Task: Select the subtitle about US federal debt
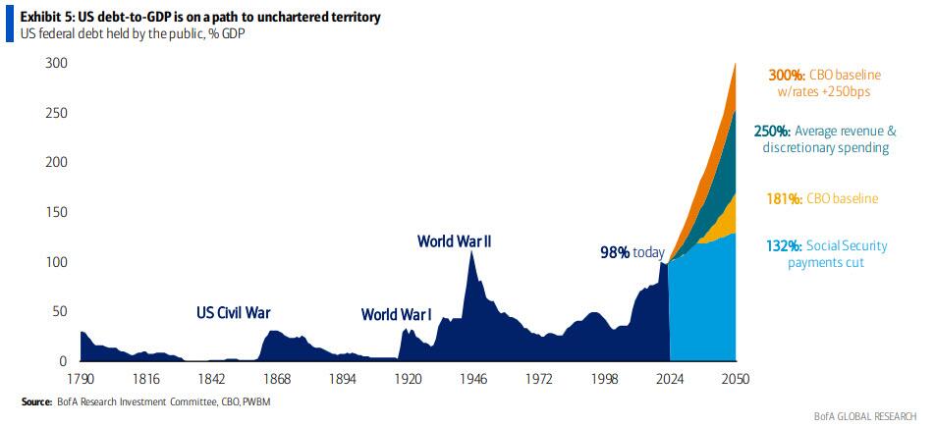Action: click(x=127, y=36)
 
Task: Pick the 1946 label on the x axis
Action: click(x=473, y=380)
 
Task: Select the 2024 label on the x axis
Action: click(x=670, y=380)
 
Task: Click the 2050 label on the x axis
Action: click(x=735, y=380)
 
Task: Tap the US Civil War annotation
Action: click(x=233, y=313)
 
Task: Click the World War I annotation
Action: click(x=397, y=315)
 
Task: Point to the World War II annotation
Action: click(x=454, y=240)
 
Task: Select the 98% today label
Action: click(x=632, y=252)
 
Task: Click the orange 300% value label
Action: click(x=783, y=73)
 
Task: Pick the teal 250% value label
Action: click(x=772, y=131)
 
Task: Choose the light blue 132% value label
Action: click(x=782, y=245)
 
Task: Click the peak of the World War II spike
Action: click(x=472, y=251)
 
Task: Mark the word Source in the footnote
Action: click(x=37, y=402)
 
